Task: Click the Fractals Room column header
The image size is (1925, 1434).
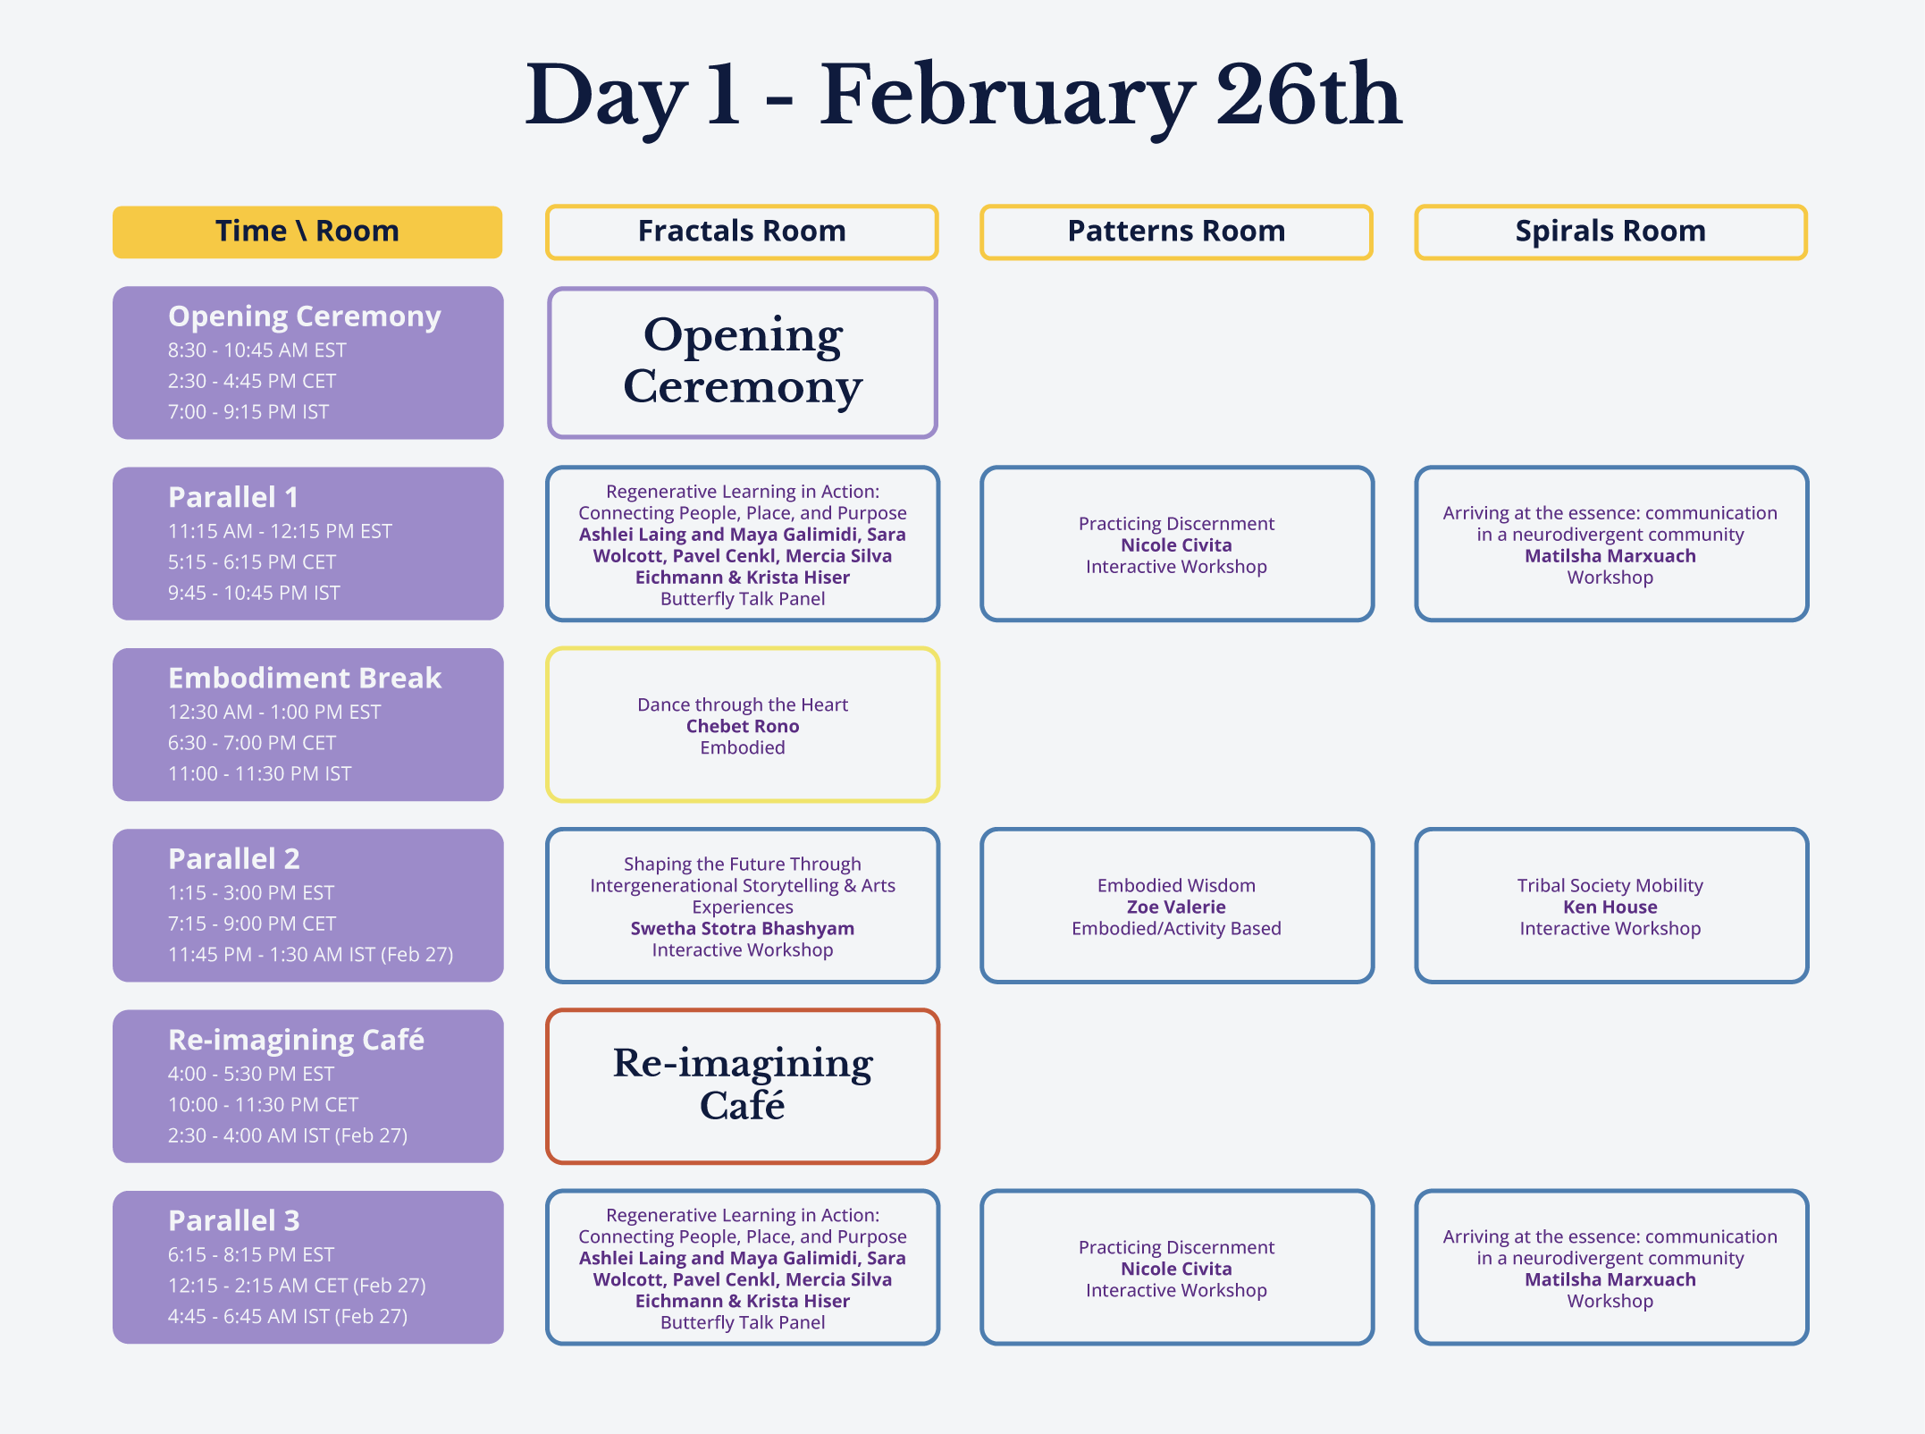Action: [x=742, y=232]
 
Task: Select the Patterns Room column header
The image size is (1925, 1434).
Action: [x=1176, y=232]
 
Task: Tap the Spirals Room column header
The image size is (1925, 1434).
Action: [x=1610, y=232]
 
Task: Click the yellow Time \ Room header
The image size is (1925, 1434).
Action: [x=307, y=232]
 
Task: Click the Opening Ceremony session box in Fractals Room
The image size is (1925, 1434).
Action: [x=742, y=362]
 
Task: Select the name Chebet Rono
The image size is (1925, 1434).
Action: [x=743, y=726]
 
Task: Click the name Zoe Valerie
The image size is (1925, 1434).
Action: [x=1176, y=907]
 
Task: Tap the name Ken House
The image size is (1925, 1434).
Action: [x=1610, y=907]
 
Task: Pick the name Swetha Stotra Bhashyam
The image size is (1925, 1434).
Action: [x=743, y=928]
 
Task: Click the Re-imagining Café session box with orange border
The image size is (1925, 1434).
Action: [x=742, y=1086]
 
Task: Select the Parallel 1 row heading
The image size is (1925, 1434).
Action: [x=233, y=497]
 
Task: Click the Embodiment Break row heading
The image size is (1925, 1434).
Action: [x=305, y=678]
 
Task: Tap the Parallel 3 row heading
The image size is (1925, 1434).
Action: [x=234, y=1220]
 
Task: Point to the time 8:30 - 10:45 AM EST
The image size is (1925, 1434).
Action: [x=257, y=350]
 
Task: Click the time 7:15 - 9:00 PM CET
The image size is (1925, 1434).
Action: [x=252, y=924]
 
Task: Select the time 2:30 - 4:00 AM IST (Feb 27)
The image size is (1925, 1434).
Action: [x=288, y=1135]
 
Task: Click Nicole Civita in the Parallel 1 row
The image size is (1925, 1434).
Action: [x=1176, y=544]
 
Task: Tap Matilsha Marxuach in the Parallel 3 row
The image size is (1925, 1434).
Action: [x=1610, y=1279]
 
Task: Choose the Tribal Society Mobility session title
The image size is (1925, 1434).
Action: [x=1610, y=885]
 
